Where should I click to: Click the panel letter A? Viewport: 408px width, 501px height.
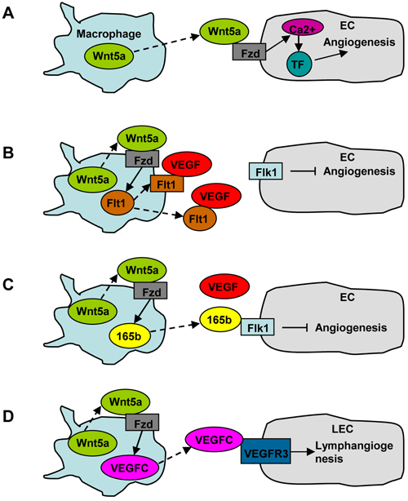pos(8,13)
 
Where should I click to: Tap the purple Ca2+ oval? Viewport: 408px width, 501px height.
pos(303,28)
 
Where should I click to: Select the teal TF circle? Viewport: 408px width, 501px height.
pos(299,64)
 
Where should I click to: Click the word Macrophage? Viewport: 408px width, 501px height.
pos(109,34)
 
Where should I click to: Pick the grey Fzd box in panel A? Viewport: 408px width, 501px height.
pos(249,52)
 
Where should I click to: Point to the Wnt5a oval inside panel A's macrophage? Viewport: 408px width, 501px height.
pos(109,56)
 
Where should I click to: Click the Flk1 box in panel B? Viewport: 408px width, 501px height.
pos(266,171)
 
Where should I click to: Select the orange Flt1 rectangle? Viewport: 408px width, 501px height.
pos(167,184)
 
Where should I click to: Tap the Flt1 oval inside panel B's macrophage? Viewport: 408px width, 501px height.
pos(118,202)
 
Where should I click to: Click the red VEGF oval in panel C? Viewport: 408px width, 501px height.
pos(224,286)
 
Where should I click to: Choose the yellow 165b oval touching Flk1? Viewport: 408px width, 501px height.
pos(220,320)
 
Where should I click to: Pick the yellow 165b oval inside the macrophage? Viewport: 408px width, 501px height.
pos(130,336)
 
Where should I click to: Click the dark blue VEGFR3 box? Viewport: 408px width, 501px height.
pos(265,451)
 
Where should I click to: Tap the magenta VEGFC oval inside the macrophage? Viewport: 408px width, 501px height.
pos(130,468)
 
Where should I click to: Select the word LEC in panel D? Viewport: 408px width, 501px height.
pos(342,429)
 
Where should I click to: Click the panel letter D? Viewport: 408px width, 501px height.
pos(8,417)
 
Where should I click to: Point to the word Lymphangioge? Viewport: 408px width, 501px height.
pos(354,446)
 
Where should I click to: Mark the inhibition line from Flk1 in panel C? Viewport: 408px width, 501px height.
pos(295,327)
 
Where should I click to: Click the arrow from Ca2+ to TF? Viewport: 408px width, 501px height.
pos(299,43)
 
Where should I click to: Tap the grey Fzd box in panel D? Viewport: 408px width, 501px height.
pos(143,423)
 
